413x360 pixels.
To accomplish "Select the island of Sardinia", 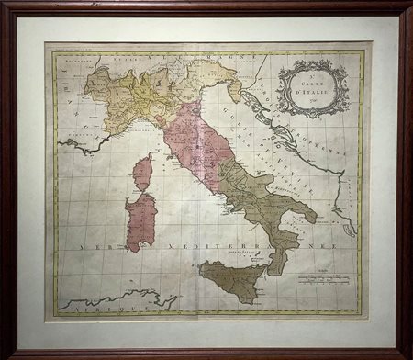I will point(140,221).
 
